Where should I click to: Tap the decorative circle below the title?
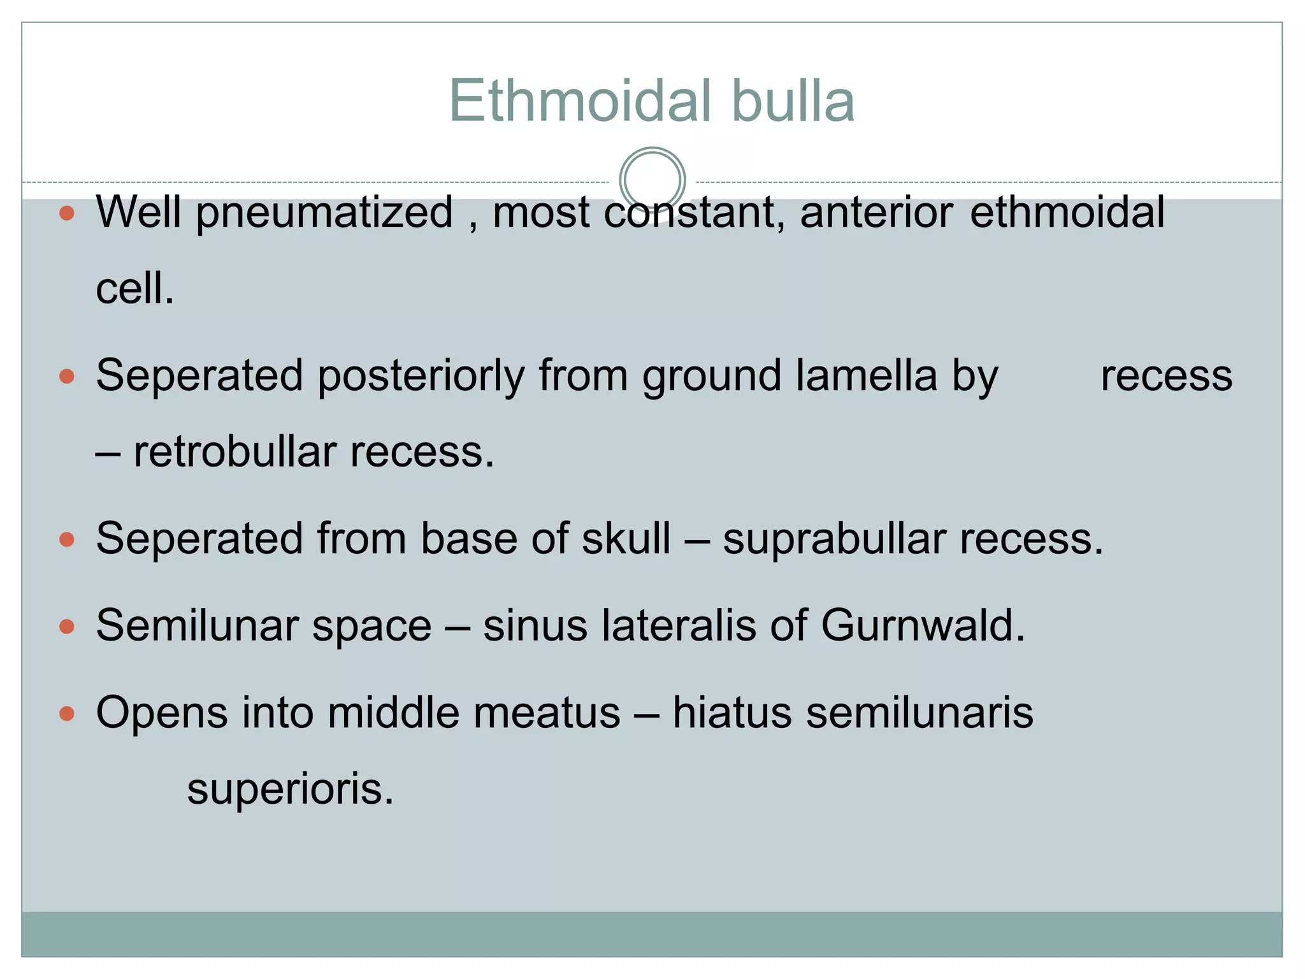pos(652,180)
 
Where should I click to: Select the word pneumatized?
pos(324,213)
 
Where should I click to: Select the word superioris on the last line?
pos(291,790)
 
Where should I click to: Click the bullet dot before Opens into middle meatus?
pos(67,713)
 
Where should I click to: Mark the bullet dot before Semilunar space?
pos(67,627)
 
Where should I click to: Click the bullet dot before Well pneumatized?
pos(67,213)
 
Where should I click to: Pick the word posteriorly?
pos(421,376)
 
